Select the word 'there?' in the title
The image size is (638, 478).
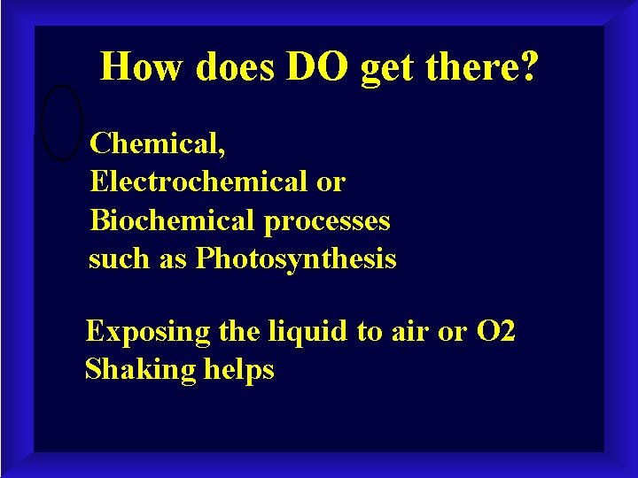point(485,66)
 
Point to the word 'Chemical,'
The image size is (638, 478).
point(157,143)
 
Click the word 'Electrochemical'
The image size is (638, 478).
point(193,181)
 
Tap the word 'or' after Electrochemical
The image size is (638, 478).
point(330,182)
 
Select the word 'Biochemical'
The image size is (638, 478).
point(167,220)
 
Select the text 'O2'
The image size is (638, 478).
point(496,332)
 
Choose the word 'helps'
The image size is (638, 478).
point(238,370)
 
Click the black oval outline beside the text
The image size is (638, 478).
point(62,122)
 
